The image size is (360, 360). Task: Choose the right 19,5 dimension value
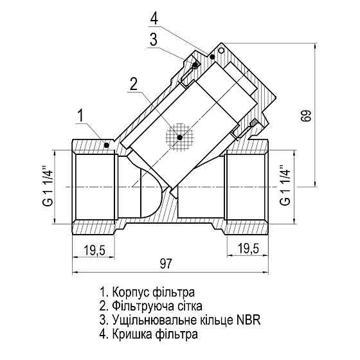pyautogui.click(x=248, y=249)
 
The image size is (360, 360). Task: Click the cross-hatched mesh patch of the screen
pyautogui.click(x=179, y=136)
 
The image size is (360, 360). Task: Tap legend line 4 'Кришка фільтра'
pyautogui.click(x=148, y=334)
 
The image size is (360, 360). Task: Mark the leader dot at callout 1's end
pyautogui.click(x=106, y=145)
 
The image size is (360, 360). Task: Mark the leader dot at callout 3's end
pyautogui.click(x=194, y=65)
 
